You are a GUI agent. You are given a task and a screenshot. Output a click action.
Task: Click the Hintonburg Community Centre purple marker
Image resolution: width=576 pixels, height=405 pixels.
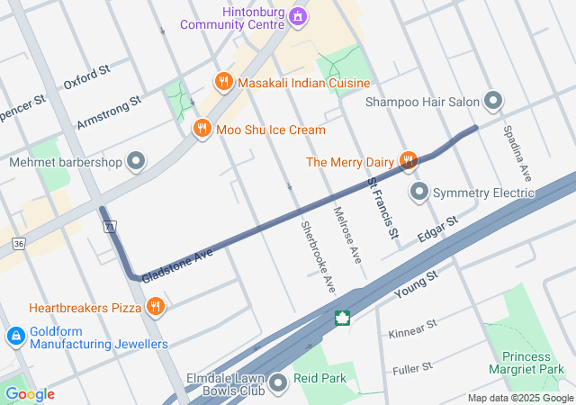pos(299,16)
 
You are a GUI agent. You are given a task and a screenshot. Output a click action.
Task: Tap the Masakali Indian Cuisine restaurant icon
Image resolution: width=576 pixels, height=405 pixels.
pos(223,83)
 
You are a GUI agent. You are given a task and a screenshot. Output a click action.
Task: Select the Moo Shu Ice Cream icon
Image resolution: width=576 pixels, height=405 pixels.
pos(202,130)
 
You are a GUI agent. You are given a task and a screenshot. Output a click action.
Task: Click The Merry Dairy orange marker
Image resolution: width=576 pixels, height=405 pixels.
pos(408,162)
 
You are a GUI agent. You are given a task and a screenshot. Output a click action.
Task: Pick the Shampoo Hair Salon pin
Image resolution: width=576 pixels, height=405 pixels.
pos(493,102)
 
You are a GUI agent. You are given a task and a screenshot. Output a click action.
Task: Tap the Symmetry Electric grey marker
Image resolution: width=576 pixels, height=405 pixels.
pos(419,193)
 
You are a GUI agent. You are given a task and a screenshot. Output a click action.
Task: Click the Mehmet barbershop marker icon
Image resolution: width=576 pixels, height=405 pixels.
pos(136,162)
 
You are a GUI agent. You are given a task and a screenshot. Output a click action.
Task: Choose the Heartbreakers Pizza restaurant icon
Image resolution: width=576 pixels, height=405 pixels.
pos(156,308)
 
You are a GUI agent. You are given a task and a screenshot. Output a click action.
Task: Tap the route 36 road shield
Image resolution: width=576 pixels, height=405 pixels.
pos(19,243)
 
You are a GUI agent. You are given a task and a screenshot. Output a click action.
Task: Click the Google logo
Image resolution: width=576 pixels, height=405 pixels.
pos(30,394)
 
